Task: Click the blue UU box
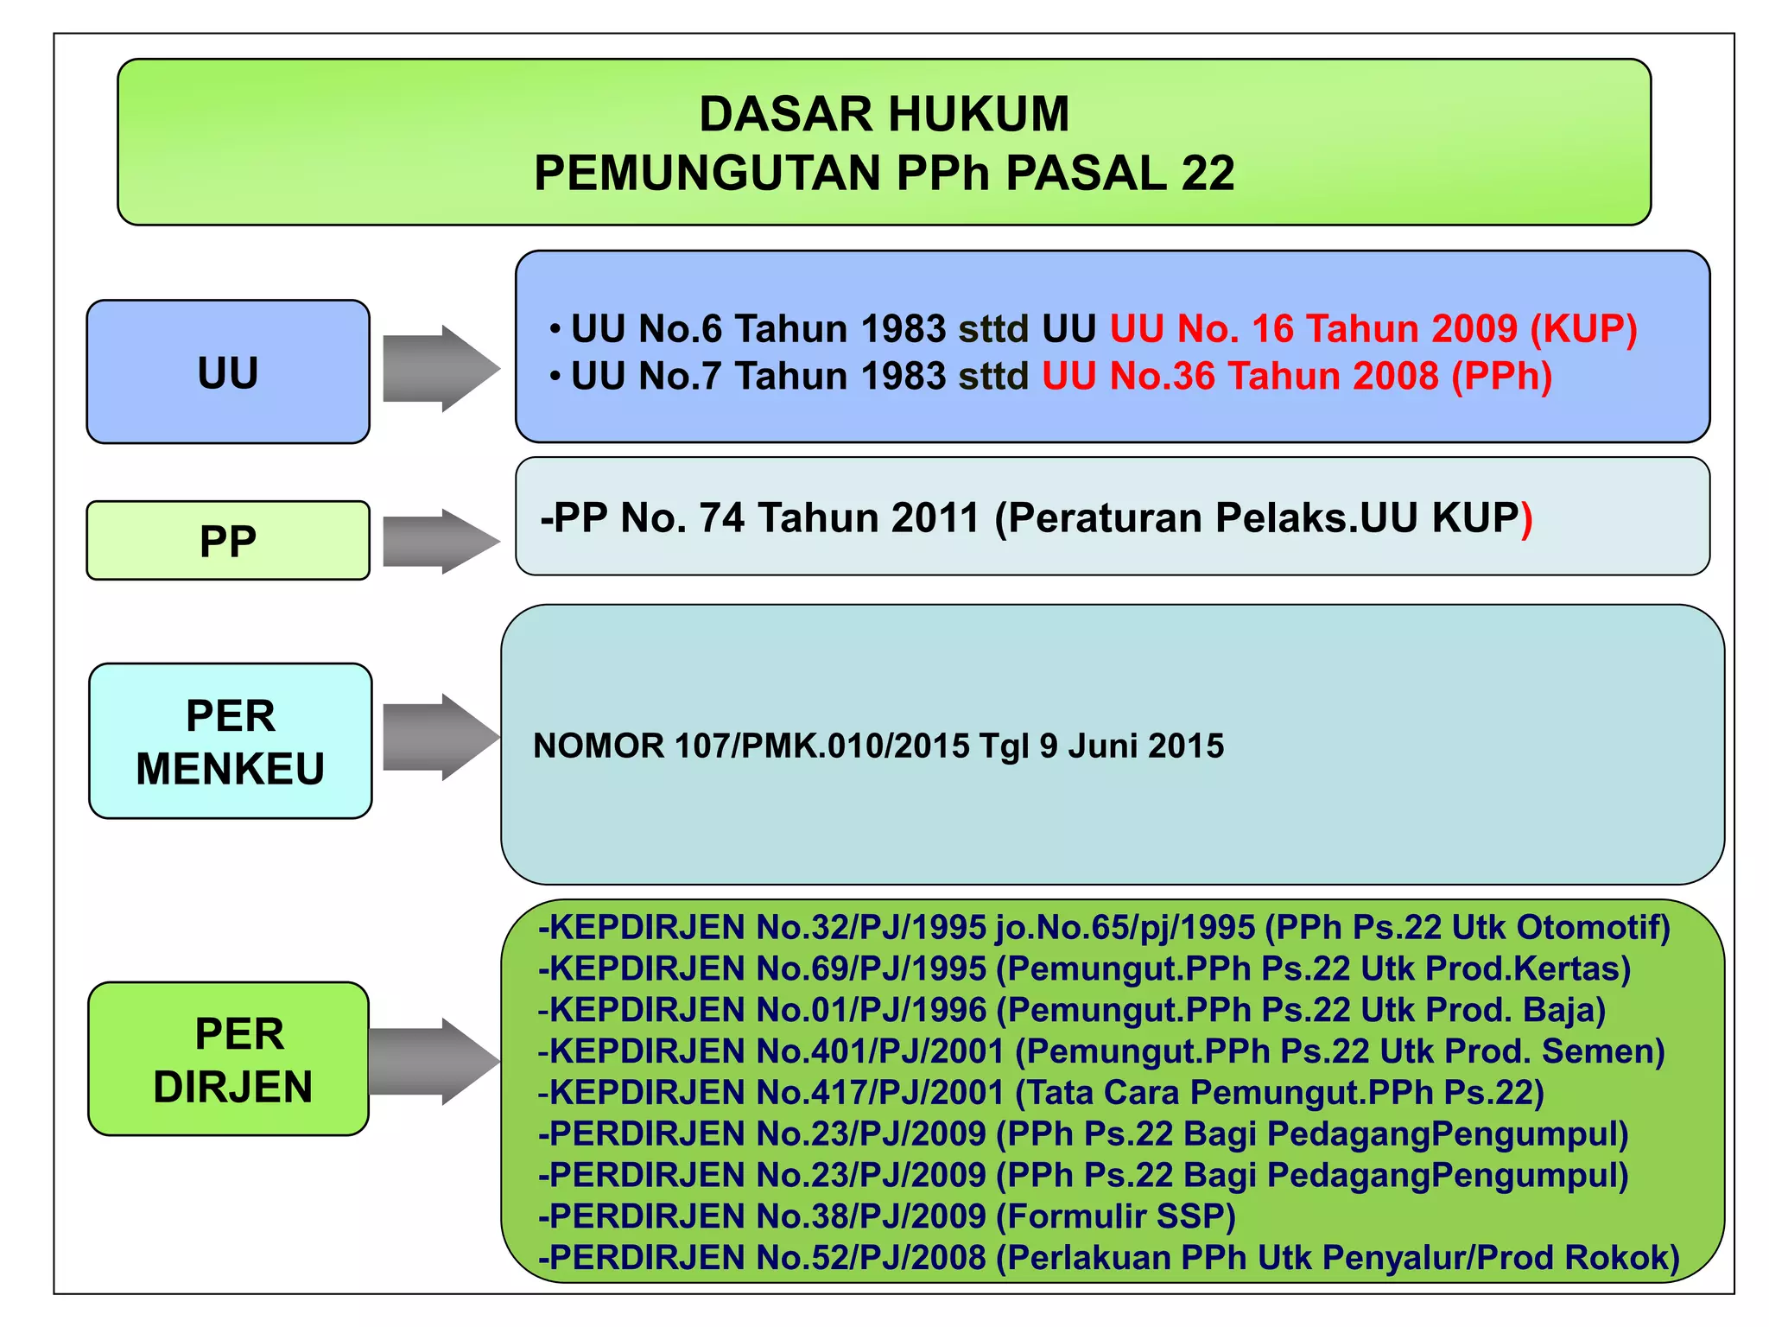click(x=228, y=372)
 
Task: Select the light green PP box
click(x=228, y=541)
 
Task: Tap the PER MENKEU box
click(x=231, y=741)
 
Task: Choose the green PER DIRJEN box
click(x=229, y=1059)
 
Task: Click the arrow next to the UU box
click(x=441, y=369)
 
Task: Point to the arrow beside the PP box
click(x=441, y=542)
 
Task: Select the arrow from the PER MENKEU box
click(x=441, y=738)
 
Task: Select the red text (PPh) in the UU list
click(x=1502, y=376)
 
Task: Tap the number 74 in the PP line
click(x=721, y=517)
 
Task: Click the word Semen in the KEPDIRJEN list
click(x=1602, y=1051)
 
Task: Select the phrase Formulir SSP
click(x=1120, y=1216)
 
